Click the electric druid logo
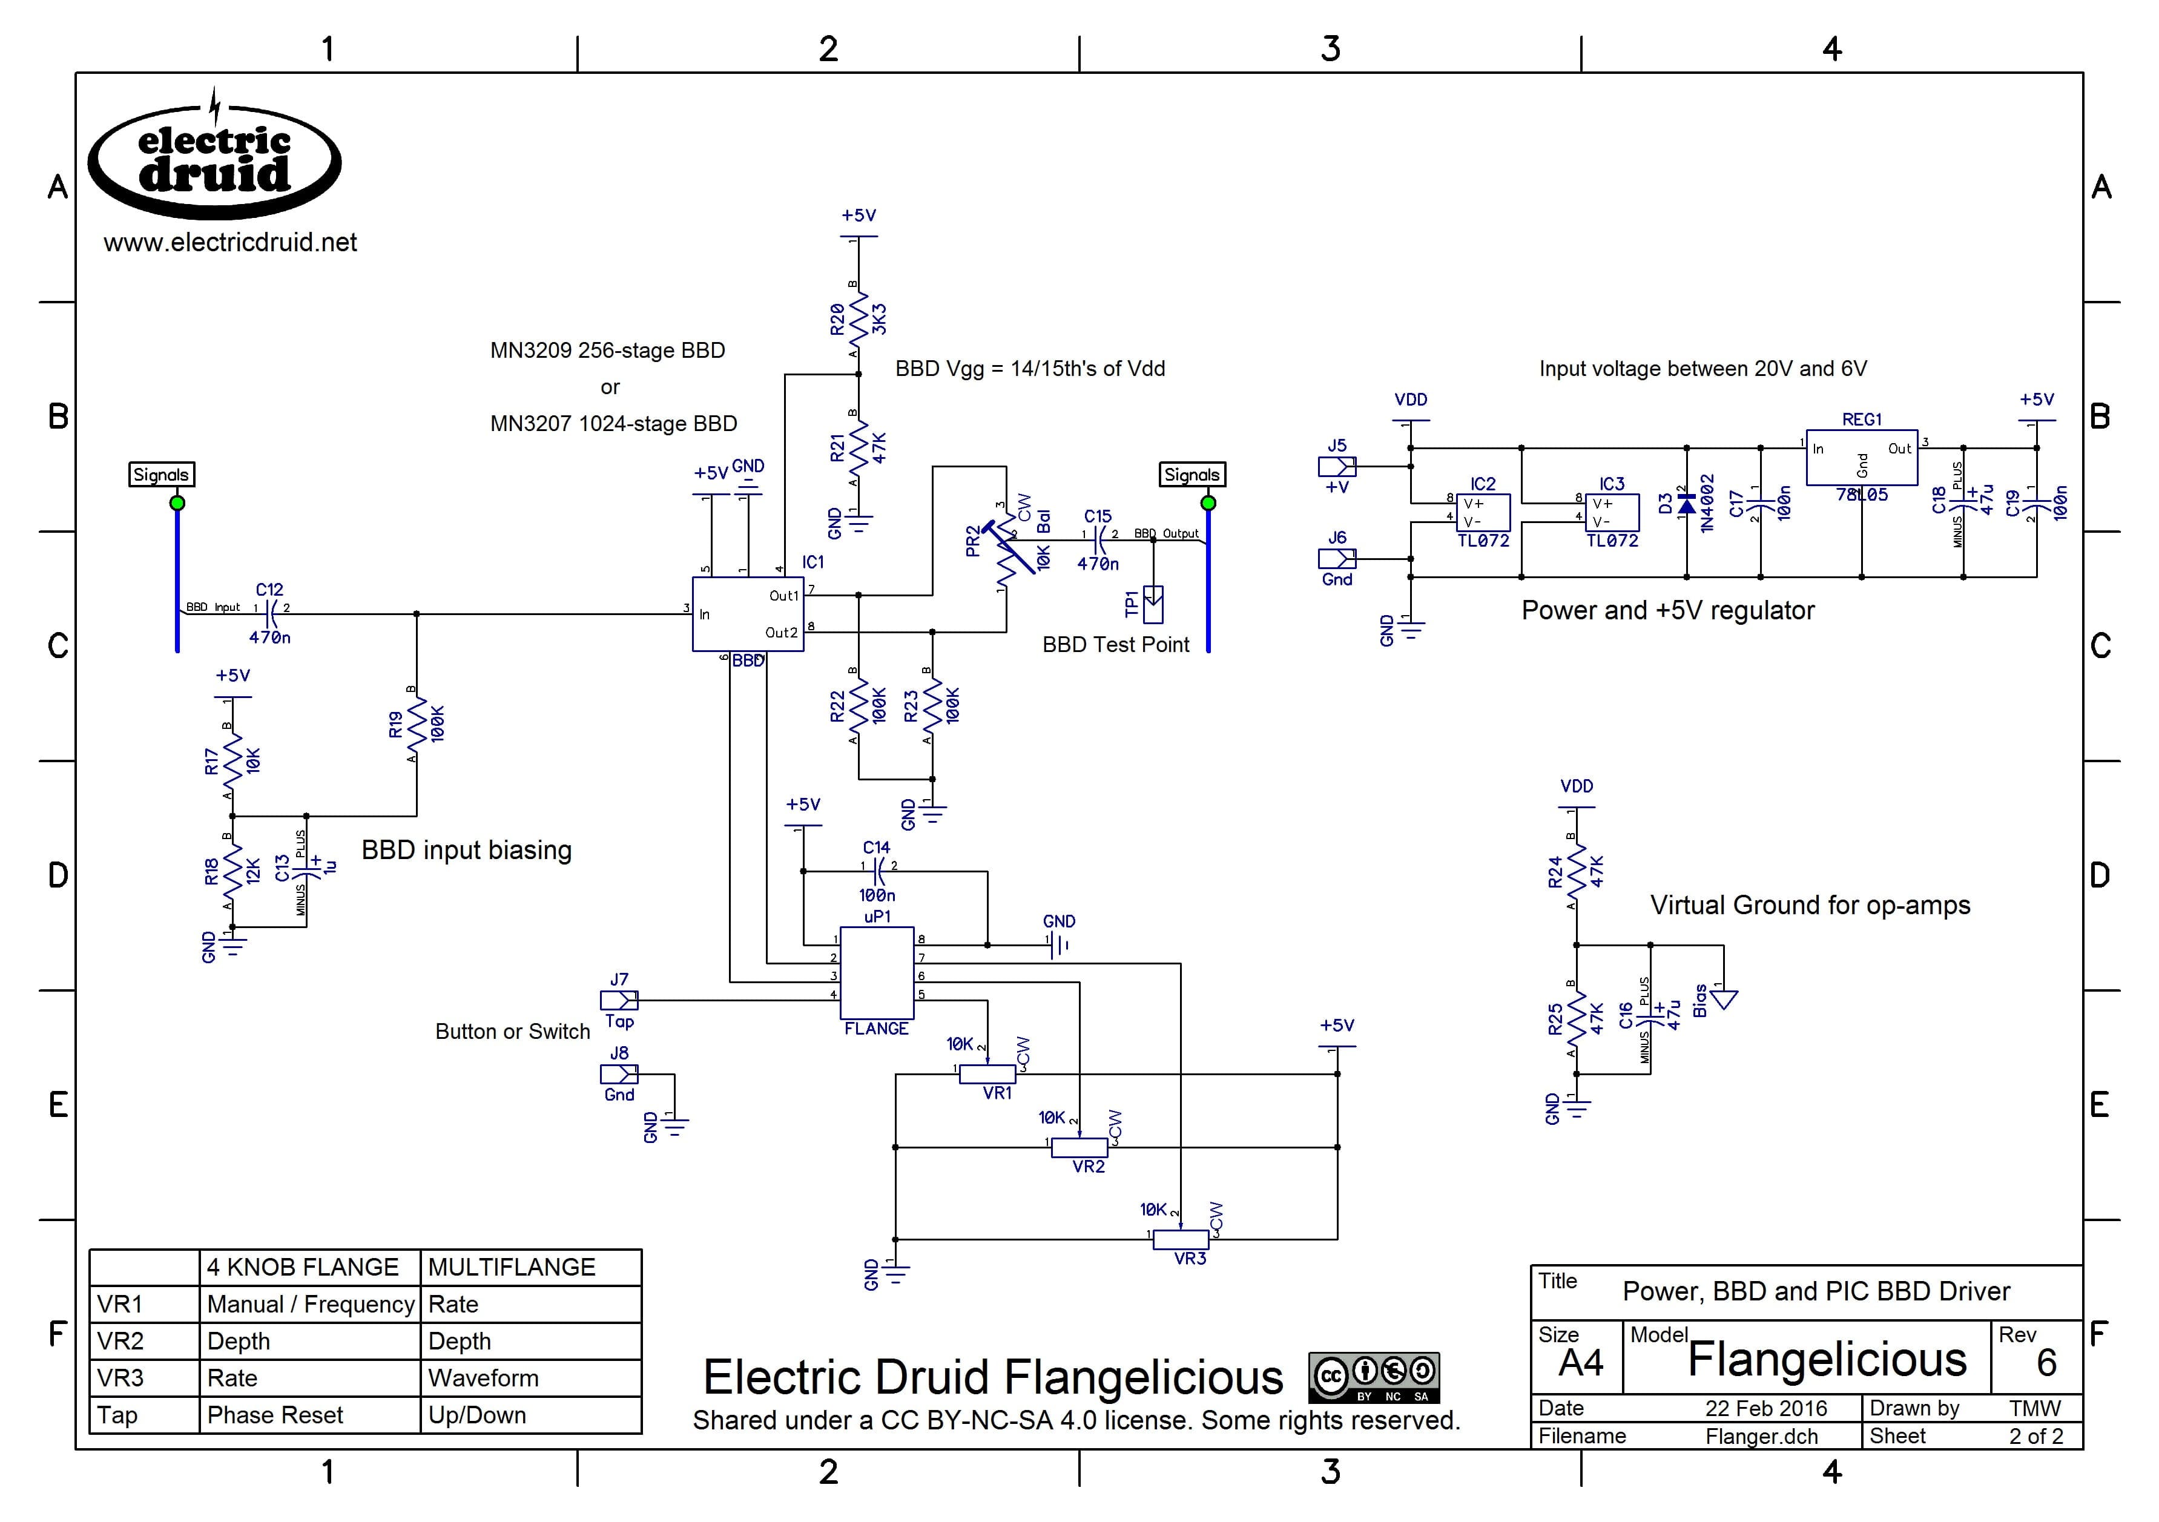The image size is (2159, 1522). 214,162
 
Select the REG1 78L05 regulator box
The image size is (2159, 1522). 1861,458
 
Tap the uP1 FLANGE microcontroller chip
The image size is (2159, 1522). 877,972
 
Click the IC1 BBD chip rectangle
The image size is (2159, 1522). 748,614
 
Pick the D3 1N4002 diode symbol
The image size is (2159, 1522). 1687,505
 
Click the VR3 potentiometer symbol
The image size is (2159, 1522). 1181,1239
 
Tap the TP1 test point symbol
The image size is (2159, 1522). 1153,604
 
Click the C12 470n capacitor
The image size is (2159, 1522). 270,614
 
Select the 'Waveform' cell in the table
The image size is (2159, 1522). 483,1378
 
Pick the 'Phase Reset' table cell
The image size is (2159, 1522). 275,1415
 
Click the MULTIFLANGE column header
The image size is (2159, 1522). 512,1267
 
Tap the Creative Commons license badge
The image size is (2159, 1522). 1373,1377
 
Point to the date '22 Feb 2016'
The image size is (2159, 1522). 1765,1408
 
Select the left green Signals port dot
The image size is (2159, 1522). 177,503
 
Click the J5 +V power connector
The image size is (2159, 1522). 1336,466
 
